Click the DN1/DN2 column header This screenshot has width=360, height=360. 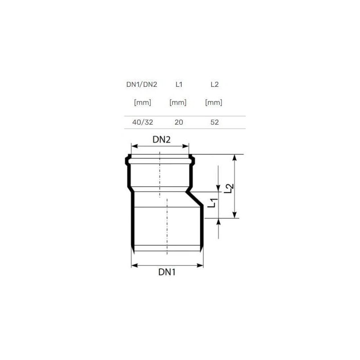coord(142,85)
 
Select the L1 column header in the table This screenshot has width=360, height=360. coord(179,85)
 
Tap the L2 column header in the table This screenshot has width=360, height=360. coord(215,85)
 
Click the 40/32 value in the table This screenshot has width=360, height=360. coord(143,122)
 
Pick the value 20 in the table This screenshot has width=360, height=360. coord(179,122)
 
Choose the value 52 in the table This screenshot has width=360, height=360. coord(215,122)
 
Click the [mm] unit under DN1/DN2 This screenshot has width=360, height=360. coord(143,103)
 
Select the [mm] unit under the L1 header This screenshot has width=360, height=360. coord(178,103)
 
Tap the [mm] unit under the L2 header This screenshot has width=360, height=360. coord(214,103)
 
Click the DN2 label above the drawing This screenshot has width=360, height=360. coord(162,139)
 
